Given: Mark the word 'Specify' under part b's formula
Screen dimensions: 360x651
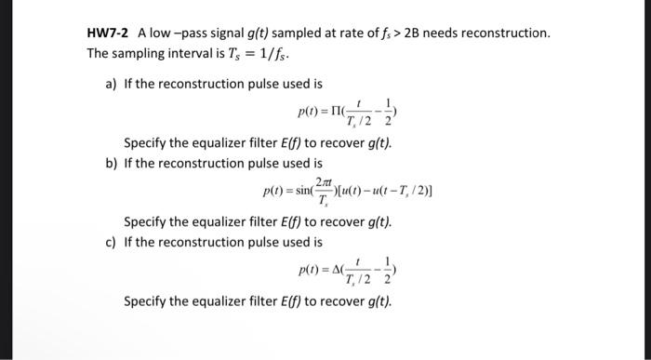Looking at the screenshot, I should (x=146, y=222).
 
